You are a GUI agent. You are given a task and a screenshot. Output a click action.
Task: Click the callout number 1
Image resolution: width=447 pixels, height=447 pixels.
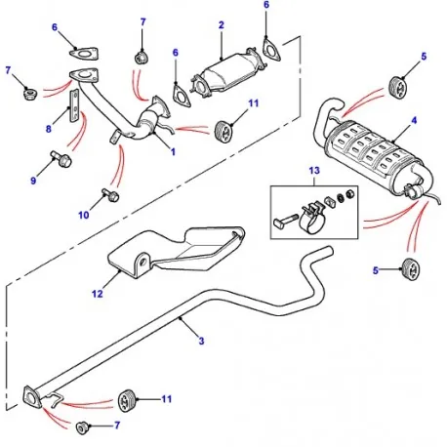[x=174, y=153]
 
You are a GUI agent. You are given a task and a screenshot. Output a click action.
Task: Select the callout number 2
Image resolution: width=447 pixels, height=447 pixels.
[x=222, y=24]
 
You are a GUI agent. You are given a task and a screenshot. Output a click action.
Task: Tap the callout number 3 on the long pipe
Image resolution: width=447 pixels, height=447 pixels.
[x=201, y=340]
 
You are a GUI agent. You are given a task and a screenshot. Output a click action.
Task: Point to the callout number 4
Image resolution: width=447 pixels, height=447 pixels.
[x=415, y=121]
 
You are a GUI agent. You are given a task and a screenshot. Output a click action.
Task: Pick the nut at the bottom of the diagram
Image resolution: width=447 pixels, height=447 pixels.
[x=82, y=426]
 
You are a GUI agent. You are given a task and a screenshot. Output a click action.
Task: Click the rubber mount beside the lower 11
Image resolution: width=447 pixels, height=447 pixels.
[x=126, y=399]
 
